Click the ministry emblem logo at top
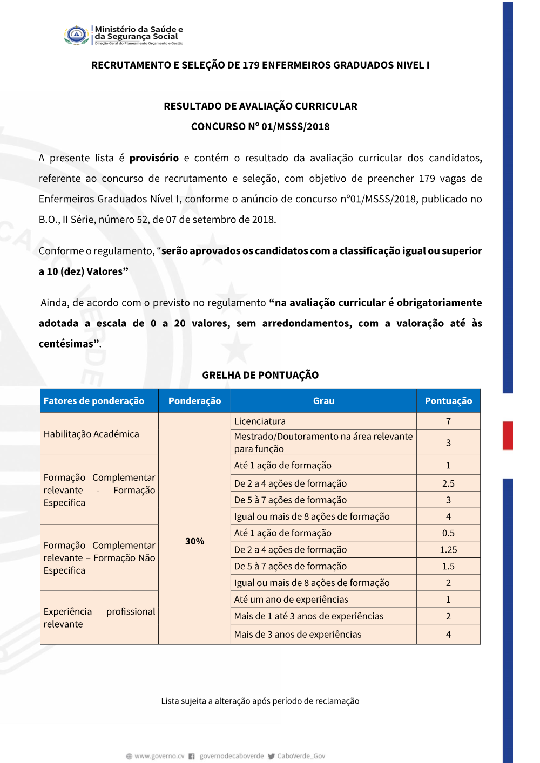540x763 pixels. (77, 35)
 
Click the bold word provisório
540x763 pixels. (154, 158)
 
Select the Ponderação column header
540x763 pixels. (194, 401)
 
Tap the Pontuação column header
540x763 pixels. (448, 401)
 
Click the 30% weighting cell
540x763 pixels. (194, 541)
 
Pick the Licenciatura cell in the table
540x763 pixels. (260, 421)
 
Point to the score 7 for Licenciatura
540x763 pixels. (448, 421)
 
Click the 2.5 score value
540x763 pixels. (448, 483)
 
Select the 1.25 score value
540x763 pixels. (448, 550)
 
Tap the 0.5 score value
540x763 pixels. (448, 533)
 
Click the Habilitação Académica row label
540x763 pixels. (91, 434)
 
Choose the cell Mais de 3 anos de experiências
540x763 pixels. (298, 635)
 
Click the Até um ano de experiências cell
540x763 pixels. (291, 599)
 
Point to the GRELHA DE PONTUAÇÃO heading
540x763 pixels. (260, 375)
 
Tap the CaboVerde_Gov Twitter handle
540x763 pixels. (301, 756)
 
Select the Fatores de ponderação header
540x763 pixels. (94, 401)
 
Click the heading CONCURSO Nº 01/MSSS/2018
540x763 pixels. (260, 127)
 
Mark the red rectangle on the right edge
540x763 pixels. (508, 435)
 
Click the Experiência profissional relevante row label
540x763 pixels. (99, 618)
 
